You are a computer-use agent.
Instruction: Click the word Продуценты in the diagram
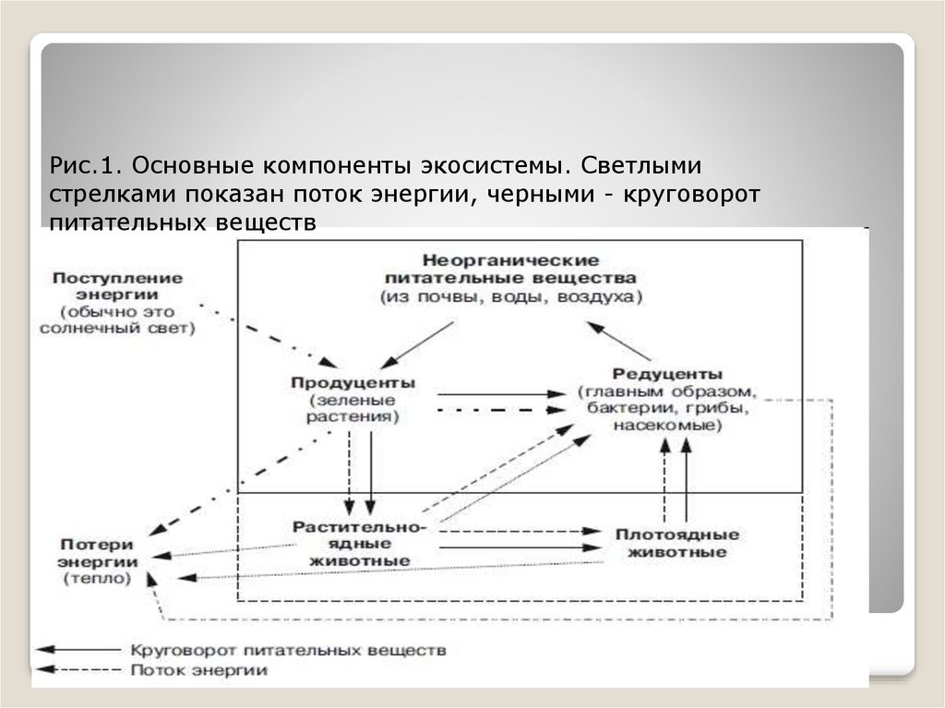point(353,382)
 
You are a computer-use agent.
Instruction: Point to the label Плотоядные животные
point(676,544)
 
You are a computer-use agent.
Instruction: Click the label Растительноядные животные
point(359,544)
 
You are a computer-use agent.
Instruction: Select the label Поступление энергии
point(117,285)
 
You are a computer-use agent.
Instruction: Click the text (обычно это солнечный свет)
point(117,319)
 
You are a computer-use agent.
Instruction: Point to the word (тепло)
point(98,578)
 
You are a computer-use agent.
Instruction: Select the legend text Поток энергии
point(198,670)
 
